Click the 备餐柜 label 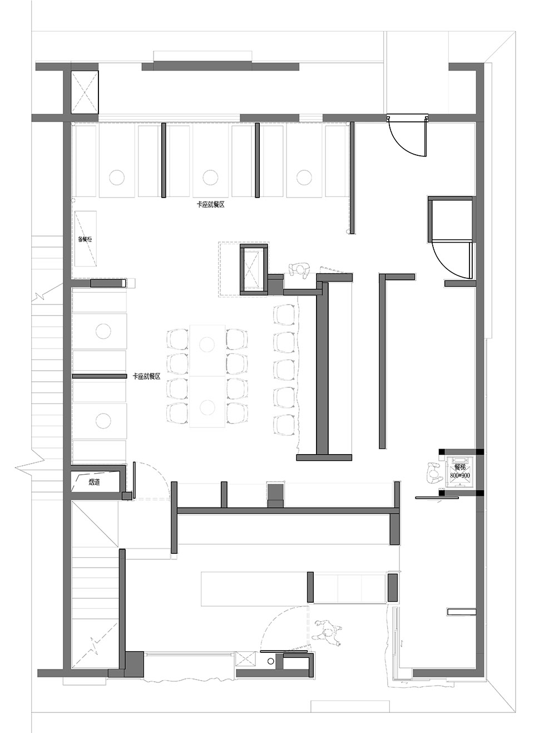click(x=85, y=239)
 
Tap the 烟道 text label click(x=94, y=482)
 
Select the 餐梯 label click(x=459, y=467)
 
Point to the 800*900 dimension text click(x=459, y=476)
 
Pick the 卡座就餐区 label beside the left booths click(x=146, y=377)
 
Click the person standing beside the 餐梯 click(x=433, y=474)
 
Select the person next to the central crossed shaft click(x=300, y=270)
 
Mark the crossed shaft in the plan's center click(x=253, y=268)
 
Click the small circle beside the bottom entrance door click(x=270, y=661)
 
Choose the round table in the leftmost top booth click(x=117, y=178)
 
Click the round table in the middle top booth click(x=210, y=178)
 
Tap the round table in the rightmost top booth click(x=303, y=178)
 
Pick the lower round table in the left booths click(x=103, y=420)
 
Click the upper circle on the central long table click(x=207, y=343)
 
